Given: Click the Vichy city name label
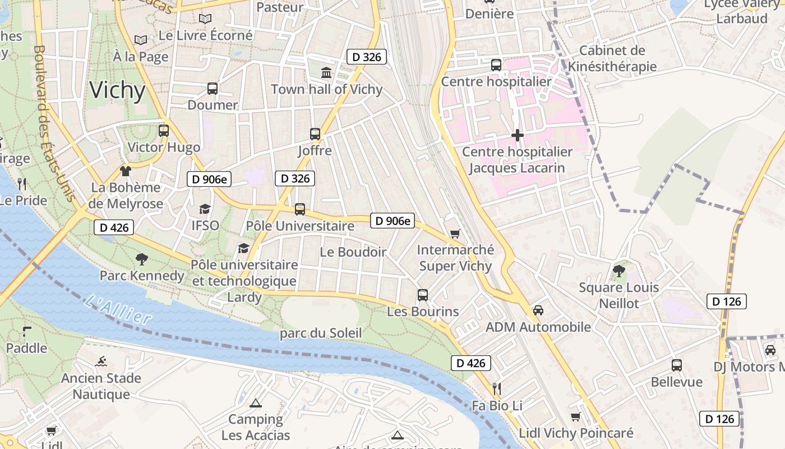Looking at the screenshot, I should (x=117, y=90).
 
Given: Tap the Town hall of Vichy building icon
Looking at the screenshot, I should (x=326, y=72).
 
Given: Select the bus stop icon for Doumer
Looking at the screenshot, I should (x=213, y=88).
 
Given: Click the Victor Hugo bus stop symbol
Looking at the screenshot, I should (x=164, y=131).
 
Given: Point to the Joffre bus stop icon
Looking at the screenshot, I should (x=315, y=134).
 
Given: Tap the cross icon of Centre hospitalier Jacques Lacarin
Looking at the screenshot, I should (x=518, y=135).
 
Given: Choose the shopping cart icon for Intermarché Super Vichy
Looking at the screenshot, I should (x=455, y=233).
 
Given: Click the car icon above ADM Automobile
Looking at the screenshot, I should (x=538, y=310).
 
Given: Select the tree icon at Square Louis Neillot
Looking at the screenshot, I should (x=619, y=271).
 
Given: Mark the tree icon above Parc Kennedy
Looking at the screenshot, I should (x=142, y=259).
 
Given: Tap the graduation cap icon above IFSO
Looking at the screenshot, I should (x=205, y=209).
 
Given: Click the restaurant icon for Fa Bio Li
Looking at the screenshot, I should (x=496, y=388).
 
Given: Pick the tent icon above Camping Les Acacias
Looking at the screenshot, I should (x=256, y=402).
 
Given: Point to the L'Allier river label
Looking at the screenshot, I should (x=119, y=310).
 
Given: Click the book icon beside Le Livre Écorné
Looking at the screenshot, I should (x=140, y=40).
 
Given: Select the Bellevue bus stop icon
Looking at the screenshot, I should (x=677, y=365).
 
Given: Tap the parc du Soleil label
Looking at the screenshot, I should (x=321, y=333).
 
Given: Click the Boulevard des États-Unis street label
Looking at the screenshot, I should (x=55, y=123).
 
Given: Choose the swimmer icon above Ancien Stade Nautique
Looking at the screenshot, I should (x=101, y=361).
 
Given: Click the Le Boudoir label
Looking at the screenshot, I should (x=353, y=252).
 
